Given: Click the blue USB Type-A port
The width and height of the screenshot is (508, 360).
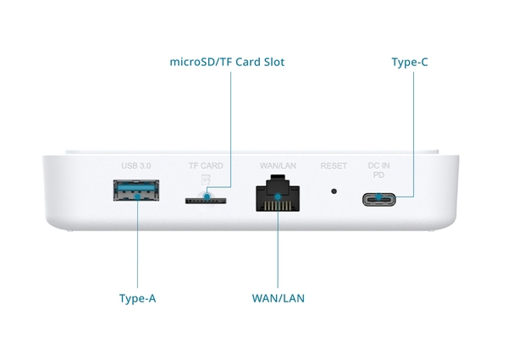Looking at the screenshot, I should coord(137,192).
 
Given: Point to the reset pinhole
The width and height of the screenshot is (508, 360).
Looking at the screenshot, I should coord(334,191).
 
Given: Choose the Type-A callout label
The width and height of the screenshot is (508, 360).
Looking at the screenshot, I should coord(137,298).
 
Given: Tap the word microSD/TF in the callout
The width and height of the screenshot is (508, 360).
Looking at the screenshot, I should coord(201,62).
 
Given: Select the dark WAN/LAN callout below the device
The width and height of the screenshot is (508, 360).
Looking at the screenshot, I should coord(278,298).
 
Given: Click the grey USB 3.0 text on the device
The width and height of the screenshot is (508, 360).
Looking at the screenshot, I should coord(135,165).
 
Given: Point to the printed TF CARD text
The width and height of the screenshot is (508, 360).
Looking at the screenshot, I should coord(205,165).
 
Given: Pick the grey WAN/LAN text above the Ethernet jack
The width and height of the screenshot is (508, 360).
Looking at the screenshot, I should coord(277,165).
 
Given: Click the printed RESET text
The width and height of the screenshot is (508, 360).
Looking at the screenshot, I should coord(334,166).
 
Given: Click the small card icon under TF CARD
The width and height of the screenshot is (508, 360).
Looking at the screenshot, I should coord(205,178).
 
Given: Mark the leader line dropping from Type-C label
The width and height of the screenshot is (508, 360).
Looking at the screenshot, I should coord(415,127).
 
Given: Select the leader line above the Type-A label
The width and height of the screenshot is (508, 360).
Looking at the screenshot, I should coord(137,254).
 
